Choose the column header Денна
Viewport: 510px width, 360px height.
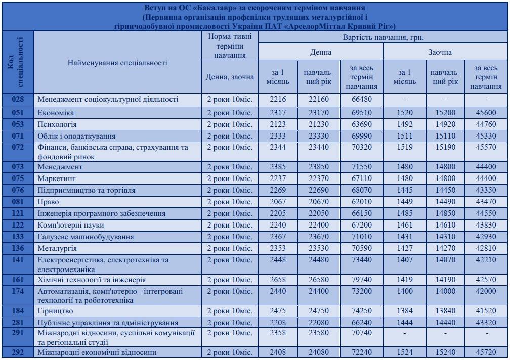click(321, 52)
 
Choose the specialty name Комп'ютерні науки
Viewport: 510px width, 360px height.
click(69, 225)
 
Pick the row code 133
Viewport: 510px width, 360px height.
click(18, 237)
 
